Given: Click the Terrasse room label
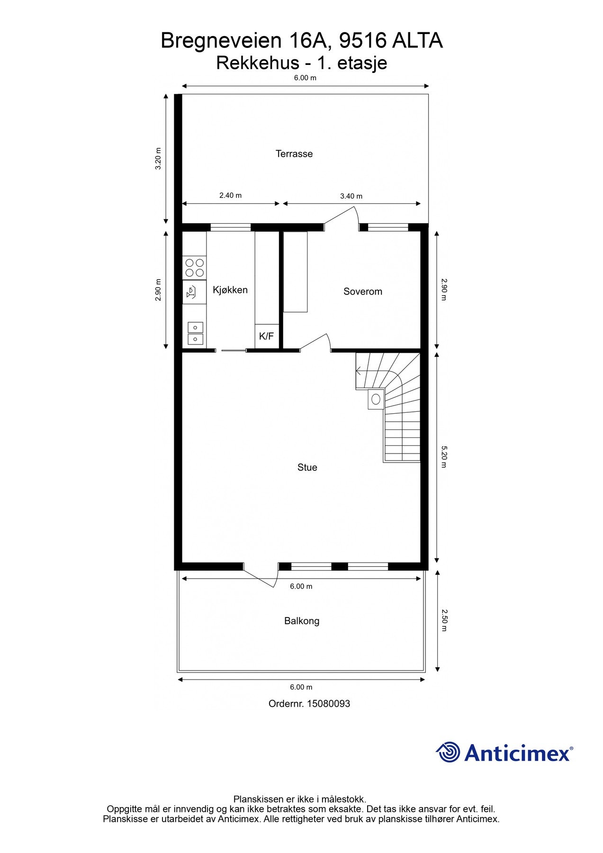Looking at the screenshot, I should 294,154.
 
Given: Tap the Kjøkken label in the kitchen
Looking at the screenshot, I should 230,290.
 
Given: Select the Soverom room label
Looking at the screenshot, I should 362,291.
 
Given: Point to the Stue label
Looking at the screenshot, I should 307,467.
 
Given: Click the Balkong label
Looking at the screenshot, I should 302,621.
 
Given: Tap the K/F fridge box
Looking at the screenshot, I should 266,336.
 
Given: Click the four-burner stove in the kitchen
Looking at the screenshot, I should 195,268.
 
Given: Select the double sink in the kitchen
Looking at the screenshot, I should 195,333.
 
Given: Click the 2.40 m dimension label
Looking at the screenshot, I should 230,195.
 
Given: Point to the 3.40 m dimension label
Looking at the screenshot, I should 351,196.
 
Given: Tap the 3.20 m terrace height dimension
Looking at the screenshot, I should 159,159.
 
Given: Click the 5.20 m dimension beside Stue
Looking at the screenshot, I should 444,456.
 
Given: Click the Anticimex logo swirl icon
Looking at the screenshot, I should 448,752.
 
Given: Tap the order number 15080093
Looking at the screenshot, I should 328,704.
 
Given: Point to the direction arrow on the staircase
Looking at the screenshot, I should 359,371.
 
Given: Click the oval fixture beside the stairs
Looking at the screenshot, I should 376,399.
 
